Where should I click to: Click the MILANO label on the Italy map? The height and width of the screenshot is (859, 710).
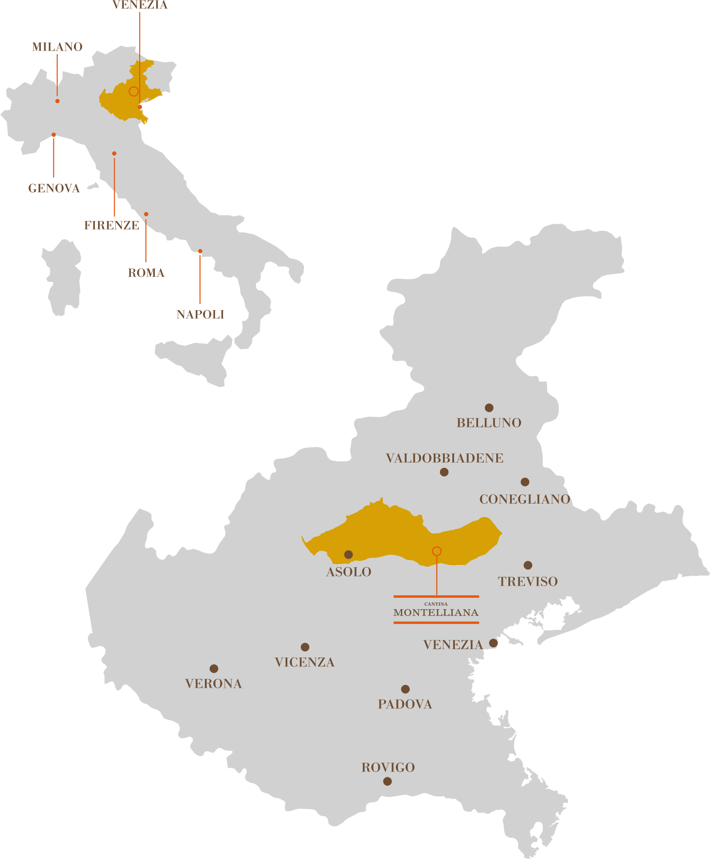click(57, 47)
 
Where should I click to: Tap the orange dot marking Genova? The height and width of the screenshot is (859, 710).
click(54, 134)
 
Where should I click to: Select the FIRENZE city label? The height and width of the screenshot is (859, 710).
click(112, 225)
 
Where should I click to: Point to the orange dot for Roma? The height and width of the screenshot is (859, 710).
click(146, 214)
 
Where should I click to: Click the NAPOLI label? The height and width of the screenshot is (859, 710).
click(200, 315)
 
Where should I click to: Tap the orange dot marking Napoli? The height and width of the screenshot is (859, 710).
click(200, 251)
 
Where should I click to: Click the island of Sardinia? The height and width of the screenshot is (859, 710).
click(62, 277)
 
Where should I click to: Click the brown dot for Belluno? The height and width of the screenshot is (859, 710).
click(489, 408)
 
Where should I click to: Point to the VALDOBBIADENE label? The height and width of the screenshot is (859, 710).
click(445, 458)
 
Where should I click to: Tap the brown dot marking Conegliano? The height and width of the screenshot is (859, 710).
click(525, 482)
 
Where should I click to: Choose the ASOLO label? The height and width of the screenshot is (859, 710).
click(349, 572)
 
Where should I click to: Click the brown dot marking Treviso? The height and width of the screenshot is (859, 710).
click(528, 565)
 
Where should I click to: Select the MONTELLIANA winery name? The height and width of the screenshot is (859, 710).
click(436, 613)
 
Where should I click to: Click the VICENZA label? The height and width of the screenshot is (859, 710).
click(305, 662)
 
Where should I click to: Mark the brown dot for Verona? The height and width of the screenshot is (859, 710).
click(214, 669)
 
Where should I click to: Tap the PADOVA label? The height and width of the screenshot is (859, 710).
click(405, 704)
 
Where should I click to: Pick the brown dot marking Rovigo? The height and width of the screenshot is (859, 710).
click(388, 781)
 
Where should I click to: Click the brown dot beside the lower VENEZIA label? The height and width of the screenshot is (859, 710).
click(493, 643)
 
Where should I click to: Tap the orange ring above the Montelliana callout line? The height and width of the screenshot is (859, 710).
click(437, 547)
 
